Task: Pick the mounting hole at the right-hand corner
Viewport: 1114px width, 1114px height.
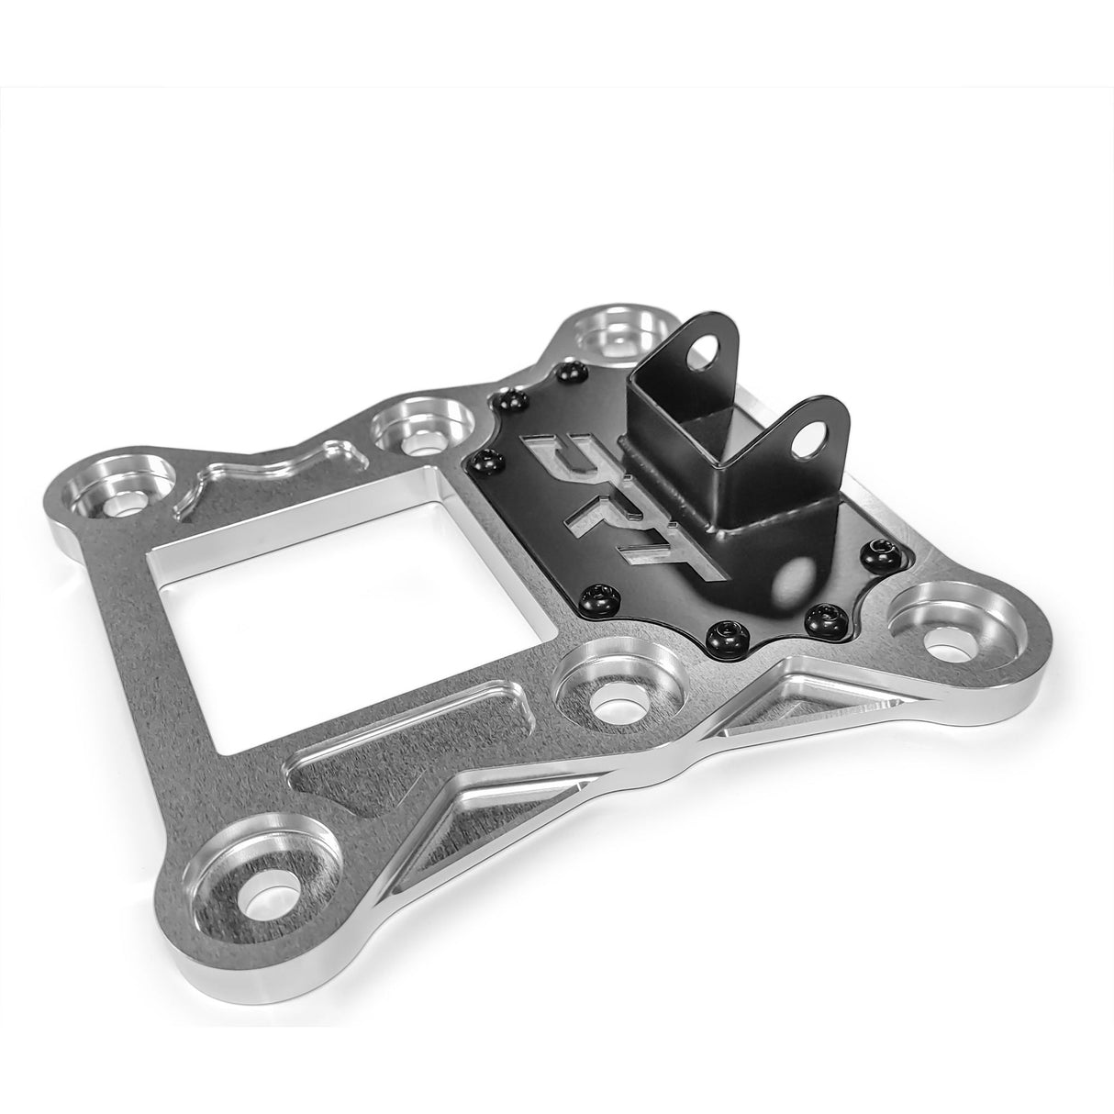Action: click(x=945, y=634)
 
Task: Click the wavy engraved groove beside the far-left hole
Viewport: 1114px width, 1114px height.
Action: click(x=266, y=469)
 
